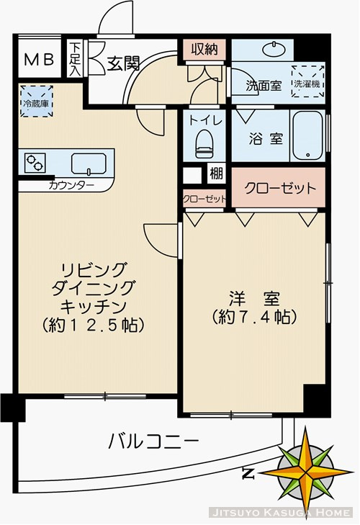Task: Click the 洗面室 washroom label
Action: point(263,86)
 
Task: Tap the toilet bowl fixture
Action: point(204,142)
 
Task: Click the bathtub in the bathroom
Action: point(310,136)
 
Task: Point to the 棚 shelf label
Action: point(215,174)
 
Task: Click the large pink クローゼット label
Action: point(279,189)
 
